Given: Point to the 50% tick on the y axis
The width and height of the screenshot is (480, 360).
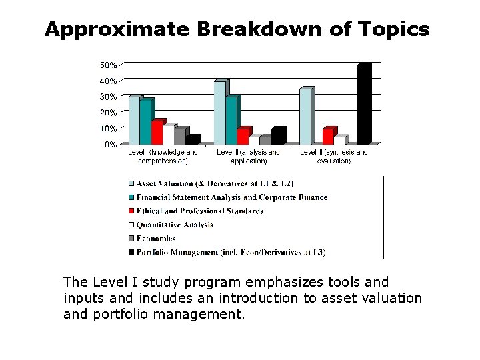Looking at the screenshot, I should (109, 65).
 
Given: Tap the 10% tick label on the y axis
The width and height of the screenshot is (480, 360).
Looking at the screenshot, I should (109, 129).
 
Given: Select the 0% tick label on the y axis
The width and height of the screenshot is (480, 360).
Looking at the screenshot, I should (111, 144).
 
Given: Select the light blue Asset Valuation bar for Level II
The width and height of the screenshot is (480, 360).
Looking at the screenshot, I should (220, 113).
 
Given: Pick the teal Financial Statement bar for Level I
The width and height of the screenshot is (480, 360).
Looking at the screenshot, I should (145, 122).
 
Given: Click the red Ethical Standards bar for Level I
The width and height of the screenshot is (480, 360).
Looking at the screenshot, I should (157, 133).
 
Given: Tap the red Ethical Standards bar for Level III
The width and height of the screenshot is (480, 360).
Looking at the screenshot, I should (327, 136).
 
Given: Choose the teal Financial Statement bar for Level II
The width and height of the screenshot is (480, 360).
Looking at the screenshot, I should (231, 121).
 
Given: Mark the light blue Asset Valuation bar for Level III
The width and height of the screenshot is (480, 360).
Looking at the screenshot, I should (305, 116).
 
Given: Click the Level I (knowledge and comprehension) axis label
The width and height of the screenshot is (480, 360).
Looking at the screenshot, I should (163, 157).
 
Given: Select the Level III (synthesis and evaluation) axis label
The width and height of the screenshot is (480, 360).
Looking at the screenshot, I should (333, 157).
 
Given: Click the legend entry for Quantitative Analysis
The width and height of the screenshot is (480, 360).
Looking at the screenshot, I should (175, 225).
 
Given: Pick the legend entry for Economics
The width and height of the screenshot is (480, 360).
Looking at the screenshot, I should (156, 239).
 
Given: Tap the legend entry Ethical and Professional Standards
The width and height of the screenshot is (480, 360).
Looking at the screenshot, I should (200, 211).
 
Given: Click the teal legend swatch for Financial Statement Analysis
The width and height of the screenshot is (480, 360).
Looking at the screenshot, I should (131, 197).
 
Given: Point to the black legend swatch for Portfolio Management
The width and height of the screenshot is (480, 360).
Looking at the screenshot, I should (131, 253).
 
